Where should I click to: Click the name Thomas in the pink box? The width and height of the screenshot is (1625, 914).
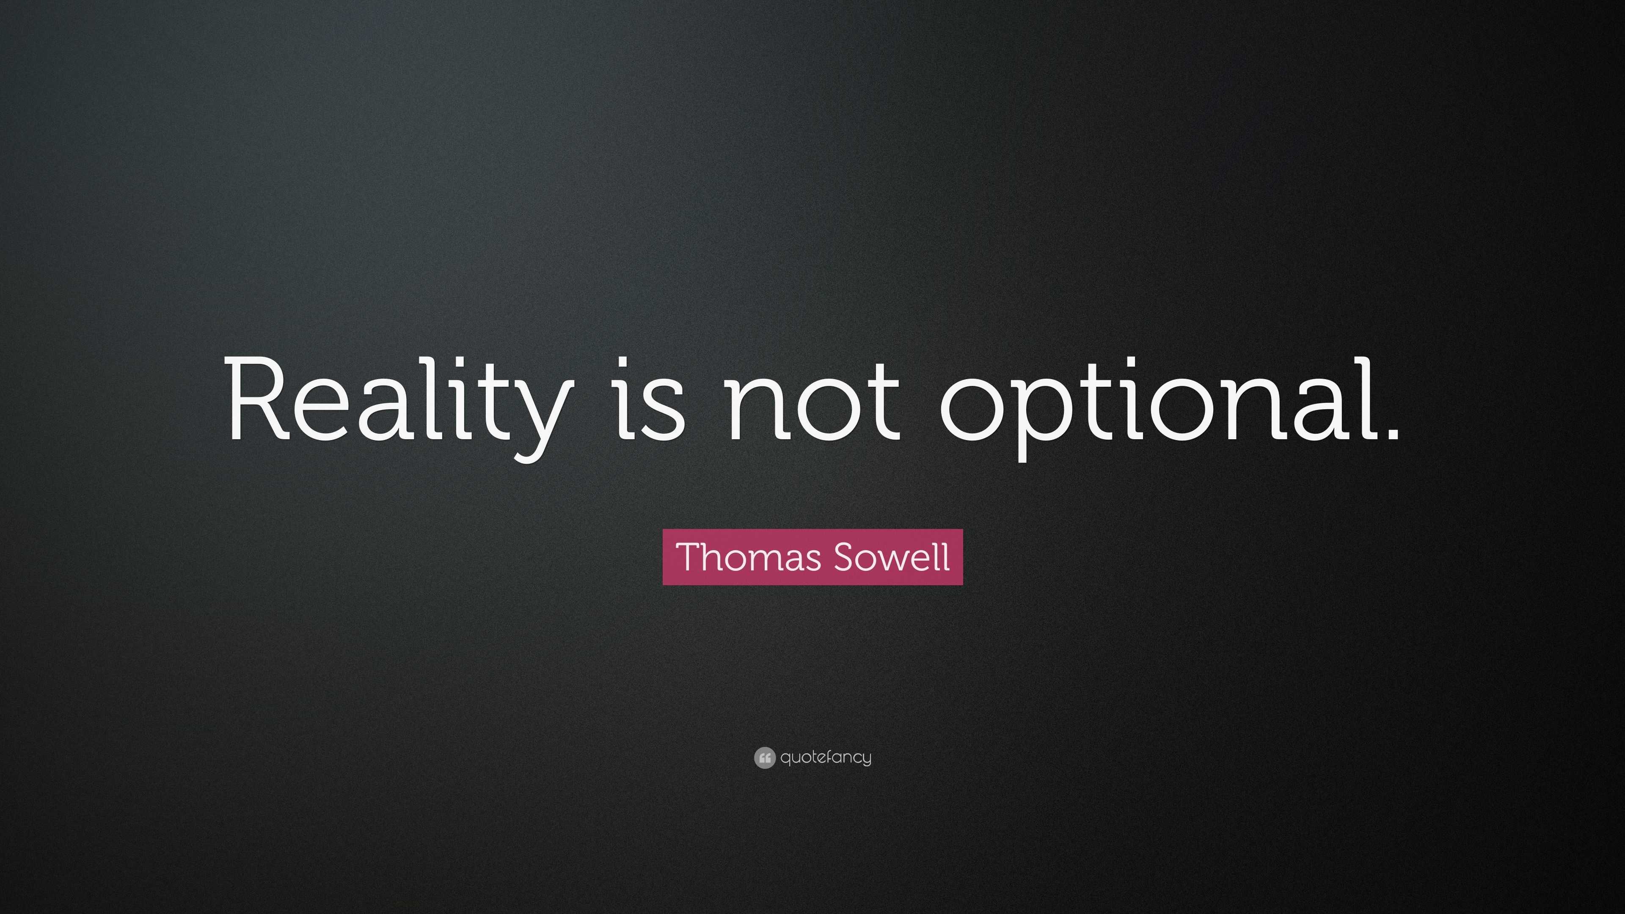point(748,557)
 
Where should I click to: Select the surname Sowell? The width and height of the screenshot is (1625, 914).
point(891,557)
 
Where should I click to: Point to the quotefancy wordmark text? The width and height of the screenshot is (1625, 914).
point(826,757)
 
